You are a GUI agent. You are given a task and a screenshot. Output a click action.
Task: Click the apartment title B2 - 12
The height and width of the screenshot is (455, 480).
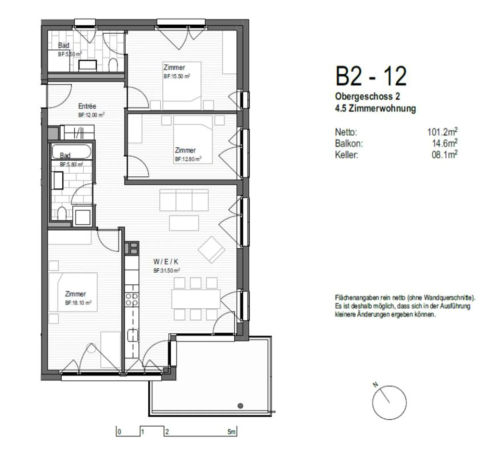point(371,76)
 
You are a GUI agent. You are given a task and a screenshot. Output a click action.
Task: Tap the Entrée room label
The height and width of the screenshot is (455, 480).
point(87,106)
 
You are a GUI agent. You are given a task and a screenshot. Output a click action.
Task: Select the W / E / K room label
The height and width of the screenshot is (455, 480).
point(166,262)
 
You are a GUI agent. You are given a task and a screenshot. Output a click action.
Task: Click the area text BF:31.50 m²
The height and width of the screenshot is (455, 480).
point(166,271)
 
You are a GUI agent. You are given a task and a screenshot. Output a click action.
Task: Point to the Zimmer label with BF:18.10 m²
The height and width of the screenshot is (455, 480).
point(75,294)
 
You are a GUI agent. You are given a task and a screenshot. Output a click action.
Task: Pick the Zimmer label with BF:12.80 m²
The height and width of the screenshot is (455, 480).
point(185,150)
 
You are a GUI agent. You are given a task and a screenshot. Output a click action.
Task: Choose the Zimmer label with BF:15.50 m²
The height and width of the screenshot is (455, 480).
point(174,68)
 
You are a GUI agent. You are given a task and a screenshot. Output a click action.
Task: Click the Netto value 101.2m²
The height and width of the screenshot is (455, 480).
point(442,132)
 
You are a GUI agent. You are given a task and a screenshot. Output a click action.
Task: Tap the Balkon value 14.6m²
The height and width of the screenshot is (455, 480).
point(444,143)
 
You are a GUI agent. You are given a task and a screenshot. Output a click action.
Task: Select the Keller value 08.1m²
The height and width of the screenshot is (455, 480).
point(444,154)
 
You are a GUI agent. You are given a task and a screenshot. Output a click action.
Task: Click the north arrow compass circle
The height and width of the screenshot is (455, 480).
point(389,402)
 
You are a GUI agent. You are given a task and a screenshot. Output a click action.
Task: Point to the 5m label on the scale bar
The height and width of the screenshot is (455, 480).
point(231,432)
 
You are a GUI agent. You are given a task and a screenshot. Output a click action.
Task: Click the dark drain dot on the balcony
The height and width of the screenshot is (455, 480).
point(240,406)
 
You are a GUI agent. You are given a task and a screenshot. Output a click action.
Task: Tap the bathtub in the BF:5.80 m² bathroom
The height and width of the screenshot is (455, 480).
point(71,151)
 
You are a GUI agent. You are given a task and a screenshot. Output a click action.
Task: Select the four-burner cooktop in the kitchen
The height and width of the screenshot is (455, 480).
point(132,299)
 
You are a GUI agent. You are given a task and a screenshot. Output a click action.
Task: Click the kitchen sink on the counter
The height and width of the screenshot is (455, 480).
point(132,335)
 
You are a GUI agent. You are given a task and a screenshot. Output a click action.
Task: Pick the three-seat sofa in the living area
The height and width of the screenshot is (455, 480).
point(184,200)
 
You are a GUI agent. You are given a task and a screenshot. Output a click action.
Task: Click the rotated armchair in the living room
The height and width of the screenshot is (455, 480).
point(211,249)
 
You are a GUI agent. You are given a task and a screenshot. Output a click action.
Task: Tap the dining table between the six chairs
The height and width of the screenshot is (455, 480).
point(196,299)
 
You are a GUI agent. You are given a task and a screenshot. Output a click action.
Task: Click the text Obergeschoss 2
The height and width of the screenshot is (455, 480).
point(367,97)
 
